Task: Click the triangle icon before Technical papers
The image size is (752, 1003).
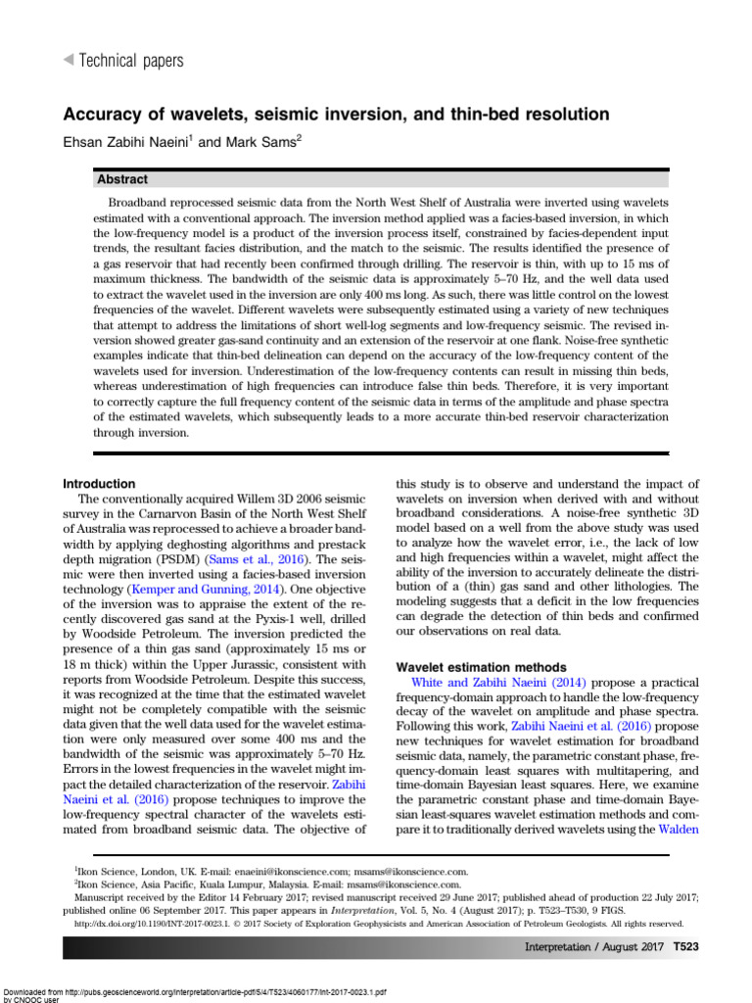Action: pos(68,61)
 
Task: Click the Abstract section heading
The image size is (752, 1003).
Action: pos(122,179)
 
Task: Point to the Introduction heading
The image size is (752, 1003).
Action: pos(99,484)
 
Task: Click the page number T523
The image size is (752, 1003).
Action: pos(679,947)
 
